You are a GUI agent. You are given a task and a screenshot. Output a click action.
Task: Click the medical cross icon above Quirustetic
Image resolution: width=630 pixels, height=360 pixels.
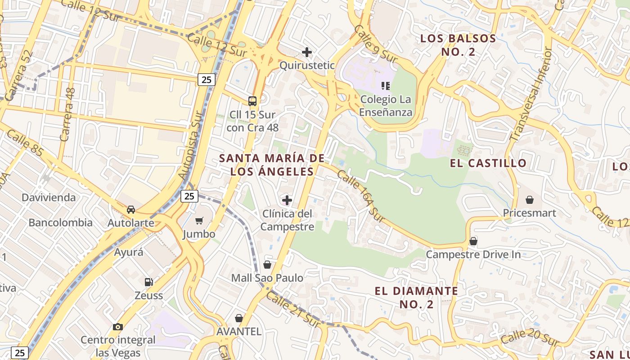pyautogui.click(x=307, y=52)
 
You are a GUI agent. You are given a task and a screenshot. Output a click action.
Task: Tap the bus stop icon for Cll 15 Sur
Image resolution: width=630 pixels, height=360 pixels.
pyautogui.click(x=252, y=101)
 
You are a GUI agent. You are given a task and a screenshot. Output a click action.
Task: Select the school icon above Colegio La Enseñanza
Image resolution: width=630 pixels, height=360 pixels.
pyautogui.click(x=386, y=85)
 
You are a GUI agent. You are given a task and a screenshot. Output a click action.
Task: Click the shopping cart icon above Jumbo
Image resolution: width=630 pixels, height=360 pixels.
pyautogui.click(x=199, y=220)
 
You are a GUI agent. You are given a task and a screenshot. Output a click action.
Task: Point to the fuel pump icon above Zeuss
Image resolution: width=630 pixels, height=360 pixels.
pyautogui.click(x=148, y=282)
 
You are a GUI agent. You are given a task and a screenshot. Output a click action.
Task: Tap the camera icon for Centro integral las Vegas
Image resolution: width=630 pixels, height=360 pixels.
pyautogui.click(x=118, y=327)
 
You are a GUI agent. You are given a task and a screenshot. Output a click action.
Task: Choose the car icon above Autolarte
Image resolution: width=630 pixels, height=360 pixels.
pyautogui.click(x=131, y=210)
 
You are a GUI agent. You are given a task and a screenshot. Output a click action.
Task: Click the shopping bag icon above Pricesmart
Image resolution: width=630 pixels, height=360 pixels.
pyautogui.click(x=530, y=199)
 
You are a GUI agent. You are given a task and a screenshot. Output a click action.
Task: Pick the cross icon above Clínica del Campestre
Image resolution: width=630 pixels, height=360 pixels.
pyautogui.click(x=287, y=200)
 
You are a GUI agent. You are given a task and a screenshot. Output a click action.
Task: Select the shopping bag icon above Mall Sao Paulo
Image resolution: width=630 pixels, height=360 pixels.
pyautogui.click(x=267, y=265)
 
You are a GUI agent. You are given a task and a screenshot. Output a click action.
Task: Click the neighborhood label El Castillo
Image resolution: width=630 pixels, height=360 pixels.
pyautogui.click(x=488, y=163)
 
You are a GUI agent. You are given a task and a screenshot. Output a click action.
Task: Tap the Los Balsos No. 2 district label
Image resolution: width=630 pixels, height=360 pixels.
pyautogui.click(x=458, y=45)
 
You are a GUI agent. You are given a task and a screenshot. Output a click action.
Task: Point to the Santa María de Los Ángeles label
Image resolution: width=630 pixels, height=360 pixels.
pyautogui.click(x=272, y=165)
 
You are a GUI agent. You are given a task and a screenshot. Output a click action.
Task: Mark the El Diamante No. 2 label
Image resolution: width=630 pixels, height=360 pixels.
pyautogui.click(x=416, y=297)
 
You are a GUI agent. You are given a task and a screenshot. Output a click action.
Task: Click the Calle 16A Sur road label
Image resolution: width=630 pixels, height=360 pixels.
pyautogui.click(x=361, y=196)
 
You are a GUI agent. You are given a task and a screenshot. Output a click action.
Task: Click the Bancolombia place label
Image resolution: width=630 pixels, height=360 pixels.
pyautogui.click(x=61, y=223)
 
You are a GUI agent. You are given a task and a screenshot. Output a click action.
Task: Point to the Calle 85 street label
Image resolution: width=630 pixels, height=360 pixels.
pyautogui.click(x=25, y=143)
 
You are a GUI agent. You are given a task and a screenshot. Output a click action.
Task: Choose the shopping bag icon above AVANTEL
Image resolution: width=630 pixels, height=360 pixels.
pyautogui.click(x=239, y=319)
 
